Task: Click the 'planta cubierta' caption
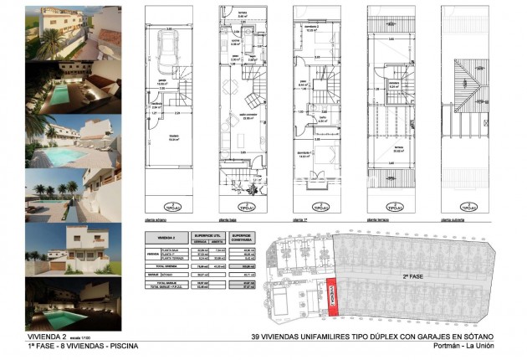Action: coord(452,220)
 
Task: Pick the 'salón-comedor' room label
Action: coord(248,116)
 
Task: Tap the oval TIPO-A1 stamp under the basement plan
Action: coord(171,204)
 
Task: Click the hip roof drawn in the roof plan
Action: coord(467,91)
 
